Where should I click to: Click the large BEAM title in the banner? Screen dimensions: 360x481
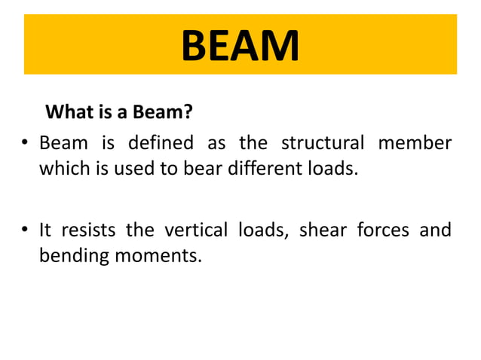[x=240, y=46]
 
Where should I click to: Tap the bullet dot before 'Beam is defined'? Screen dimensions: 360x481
[x=26, y=143]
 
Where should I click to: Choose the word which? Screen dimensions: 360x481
[x=63, y=168]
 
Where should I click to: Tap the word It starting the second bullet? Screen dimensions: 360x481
[x=46, y=230]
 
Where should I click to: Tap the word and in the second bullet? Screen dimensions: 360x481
[x=437, y=230]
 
